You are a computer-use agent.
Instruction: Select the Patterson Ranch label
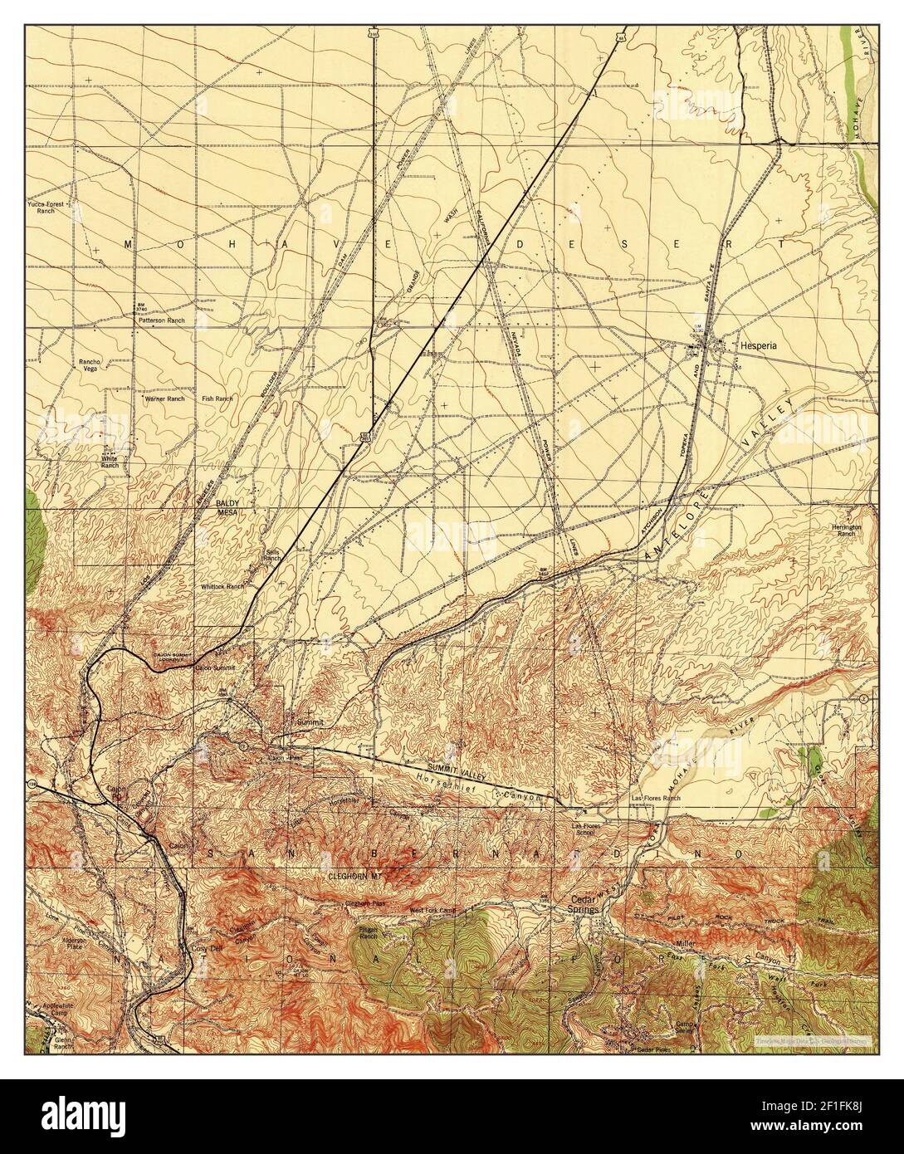pyautogui.click(x=161, y=320)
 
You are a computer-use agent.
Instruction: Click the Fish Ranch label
pyautogui.click(x=217, y=399)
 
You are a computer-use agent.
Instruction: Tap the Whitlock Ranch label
pyautogui.click(x=222, y=585)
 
